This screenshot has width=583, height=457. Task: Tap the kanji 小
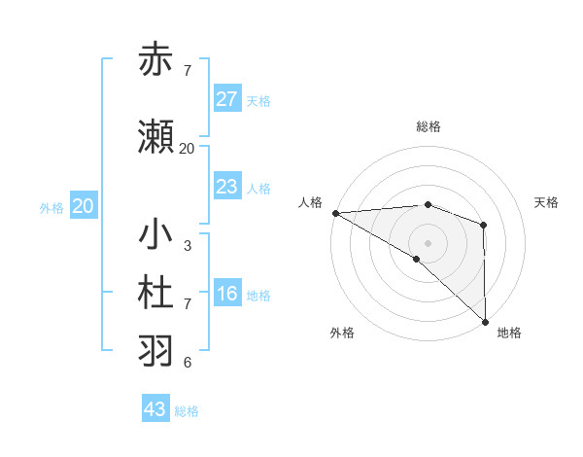156,234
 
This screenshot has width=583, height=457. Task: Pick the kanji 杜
156,293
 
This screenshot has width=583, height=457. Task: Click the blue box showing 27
227,98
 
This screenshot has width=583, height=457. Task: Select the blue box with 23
227,187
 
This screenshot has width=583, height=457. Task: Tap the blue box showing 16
227,294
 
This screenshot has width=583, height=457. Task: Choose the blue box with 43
155,409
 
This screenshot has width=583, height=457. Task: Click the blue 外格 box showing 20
84,206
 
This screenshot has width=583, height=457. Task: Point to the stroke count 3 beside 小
187,246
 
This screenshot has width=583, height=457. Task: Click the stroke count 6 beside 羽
187,363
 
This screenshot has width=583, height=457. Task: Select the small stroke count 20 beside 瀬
187,149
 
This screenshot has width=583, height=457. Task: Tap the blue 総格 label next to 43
187,411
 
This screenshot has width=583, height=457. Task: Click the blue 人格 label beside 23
257,188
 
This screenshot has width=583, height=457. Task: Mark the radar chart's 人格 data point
335,213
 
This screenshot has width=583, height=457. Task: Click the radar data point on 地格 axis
484,321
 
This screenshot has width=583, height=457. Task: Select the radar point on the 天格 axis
483,225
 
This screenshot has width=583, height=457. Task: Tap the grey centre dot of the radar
428,242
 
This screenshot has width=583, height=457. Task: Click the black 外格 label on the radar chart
341,333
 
